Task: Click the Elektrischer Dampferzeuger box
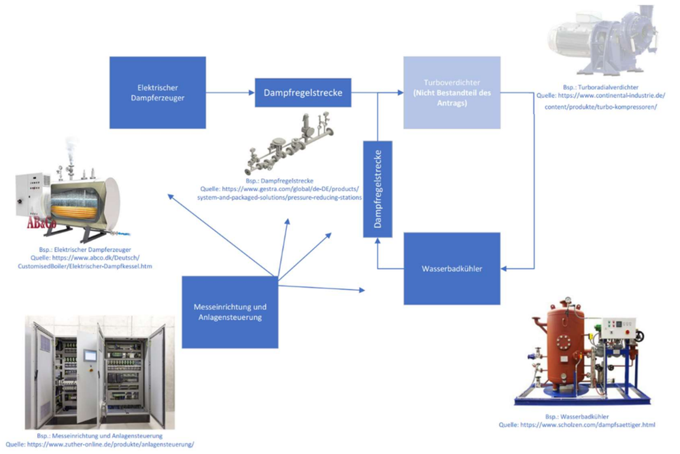pyautogui.click(x=157, y=92)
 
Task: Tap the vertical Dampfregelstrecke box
pyautogui.click(x=376, y=188)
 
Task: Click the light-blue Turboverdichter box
pyautogui.click(x=452, y=92)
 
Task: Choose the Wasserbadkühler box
pyautogui.click(x=452, y=268)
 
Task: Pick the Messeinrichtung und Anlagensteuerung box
pyautogui.click(x=231, y=311)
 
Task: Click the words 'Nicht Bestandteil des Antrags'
pyautogui.click(x=452, y=98)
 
